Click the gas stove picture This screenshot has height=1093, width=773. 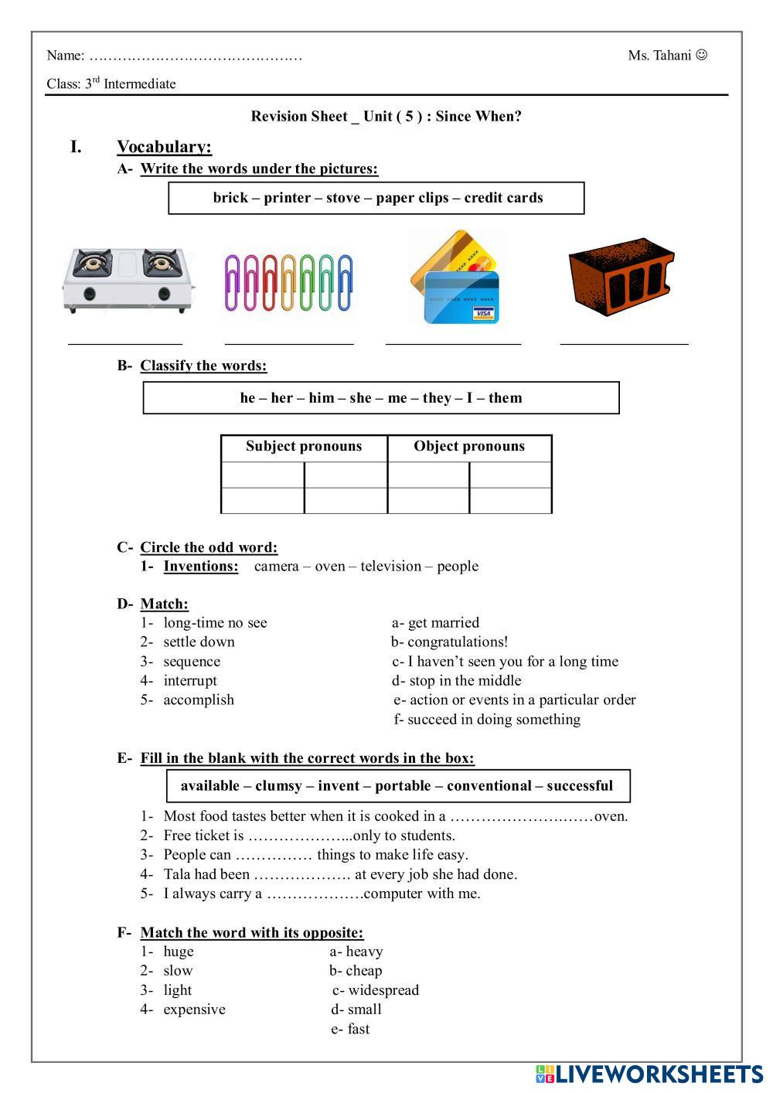(x=128, y=280)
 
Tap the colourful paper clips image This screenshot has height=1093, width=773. (x=288, y=282)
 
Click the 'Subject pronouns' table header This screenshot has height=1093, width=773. (x=304, y=447)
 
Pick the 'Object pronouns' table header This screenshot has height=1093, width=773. (x=469, y=447)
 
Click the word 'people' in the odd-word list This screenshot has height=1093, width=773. (x=458, y=567)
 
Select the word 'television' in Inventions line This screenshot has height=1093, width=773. (x=391, y=567)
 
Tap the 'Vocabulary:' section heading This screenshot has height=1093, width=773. (x=164, y=147)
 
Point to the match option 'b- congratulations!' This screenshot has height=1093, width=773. (x=449, y=642)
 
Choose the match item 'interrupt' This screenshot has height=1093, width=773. (x=190, y=681)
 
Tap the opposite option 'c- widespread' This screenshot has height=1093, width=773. (x=376, y=990)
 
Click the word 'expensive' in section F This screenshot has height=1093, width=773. (x=194, y=1010)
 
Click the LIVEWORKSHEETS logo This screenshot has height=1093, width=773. (x=649, y=1074)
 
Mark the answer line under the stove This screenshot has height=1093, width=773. (x=125, y=342)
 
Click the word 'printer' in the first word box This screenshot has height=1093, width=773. (x=288, y=198)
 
